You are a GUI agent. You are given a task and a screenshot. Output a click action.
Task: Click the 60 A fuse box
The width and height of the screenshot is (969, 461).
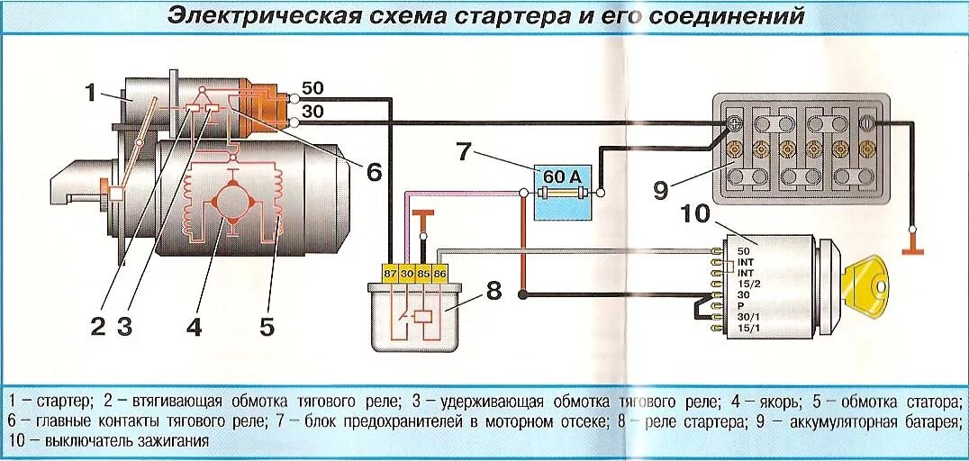[x=562, y=192]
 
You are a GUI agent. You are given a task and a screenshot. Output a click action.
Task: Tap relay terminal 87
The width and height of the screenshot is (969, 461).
[x=390, y=272]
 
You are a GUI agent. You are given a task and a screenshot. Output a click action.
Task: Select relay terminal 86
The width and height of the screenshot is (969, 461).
[x=440, y=272]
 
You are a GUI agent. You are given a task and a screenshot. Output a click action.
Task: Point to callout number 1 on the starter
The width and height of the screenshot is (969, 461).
[x=90, y=91]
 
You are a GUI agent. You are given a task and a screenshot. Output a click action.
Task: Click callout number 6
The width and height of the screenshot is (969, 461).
[x=374, y=171]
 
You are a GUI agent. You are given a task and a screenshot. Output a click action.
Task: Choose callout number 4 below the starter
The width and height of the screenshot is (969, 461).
[x=195, y=326]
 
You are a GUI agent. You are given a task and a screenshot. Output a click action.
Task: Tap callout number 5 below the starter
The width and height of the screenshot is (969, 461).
[x=267, y=326]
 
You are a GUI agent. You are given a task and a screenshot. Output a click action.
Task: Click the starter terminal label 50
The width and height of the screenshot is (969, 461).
[x=312, y=88]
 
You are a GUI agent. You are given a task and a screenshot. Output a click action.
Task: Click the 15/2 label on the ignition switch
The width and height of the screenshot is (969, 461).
[x=744, y=284]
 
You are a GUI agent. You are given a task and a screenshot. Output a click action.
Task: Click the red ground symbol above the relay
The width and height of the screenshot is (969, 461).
[x=422, y=216]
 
